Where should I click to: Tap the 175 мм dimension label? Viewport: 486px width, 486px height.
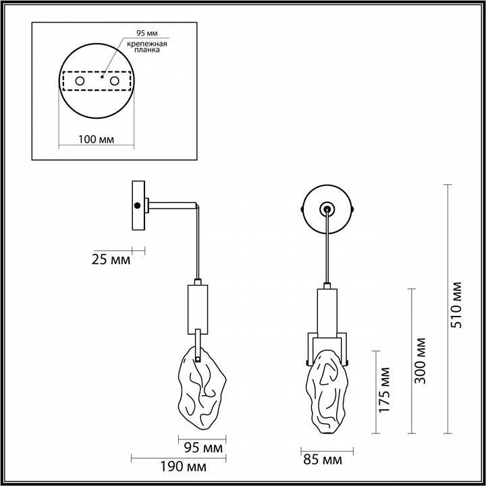tap(385, 389)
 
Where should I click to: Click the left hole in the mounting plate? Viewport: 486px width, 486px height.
tap(80, 81)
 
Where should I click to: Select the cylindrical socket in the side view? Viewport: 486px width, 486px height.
tap(198, 306)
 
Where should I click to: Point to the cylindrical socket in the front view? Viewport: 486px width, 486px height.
tap(327, 310)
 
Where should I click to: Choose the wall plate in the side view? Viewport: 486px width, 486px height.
tap(138, 205)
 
